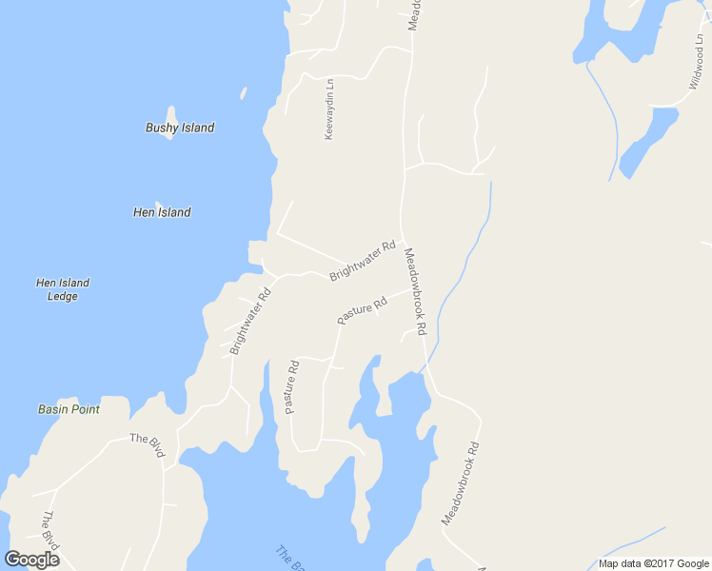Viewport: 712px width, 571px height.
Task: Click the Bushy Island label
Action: pos(180,128)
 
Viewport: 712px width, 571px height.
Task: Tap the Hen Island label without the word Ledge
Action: pos(162,212)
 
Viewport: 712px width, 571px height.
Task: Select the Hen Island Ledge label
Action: pos(63,289)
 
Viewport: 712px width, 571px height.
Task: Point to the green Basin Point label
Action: pos(69,409)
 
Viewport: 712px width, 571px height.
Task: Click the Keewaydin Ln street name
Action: pos(329,108)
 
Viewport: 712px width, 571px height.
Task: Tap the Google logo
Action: pos(32,559)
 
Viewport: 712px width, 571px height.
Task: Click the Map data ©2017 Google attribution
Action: pos(654,563)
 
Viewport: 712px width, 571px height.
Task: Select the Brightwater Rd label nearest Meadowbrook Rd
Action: pos(363,261)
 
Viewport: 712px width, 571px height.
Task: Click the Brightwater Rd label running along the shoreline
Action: pos(250,321)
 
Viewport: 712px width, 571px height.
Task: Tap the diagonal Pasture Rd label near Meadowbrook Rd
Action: pos(362,311)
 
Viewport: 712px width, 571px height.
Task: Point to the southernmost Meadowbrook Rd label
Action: pos(460,484)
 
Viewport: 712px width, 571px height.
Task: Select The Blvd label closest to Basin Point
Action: pos(148,444)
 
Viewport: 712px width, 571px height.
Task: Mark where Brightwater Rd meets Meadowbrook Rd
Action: pos(402,239)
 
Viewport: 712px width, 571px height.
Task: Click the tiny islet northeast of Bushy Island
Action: pos(244,93)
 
